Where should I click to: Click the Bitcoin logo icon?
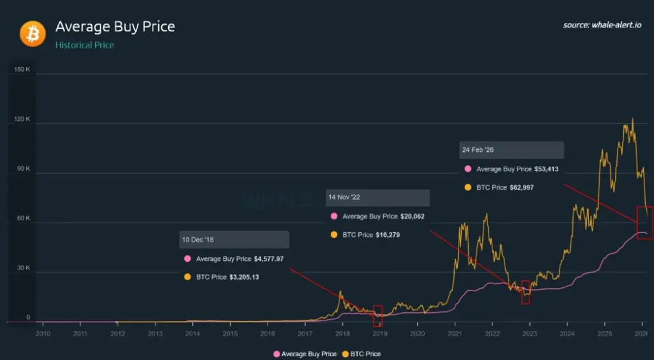33,33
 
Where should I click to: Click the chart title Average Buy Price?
115,27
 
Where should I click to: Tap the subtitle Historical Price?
84,45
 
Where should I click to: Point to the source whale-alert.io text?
603,25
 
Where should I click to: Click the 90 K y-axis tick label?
23,169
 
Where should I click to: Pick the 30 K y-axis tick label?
23,268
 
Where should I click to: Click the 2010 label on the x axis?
43,334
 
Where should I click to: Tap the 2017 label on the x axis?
305,334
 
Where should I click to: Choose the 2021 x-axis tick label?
455,334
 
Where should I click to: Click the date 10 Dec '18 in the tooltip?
199,240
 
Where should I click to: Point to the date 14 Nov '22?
344,198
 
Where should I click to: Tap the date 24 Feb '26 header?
478,150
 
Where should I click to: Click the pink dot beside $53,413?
468,170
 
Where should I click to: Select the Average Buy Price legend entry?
305,354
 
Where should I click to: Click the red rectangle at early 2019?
378,316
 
